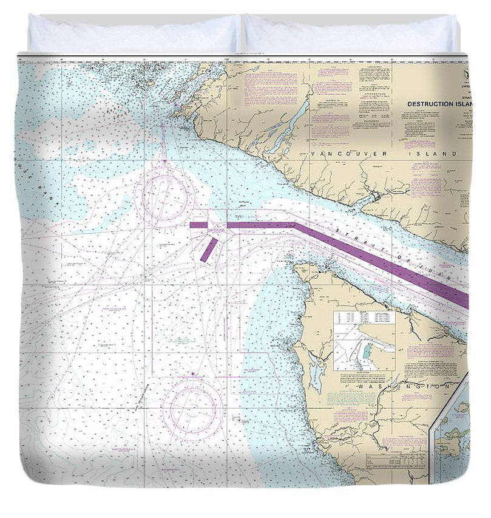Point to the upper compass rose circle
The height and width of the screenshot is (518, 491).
click(164, 194)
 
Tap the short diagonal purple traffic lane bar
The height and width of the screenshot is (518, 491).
click(209, 250)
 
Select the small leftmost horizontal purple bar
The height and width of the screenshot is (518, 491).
click(198, 225)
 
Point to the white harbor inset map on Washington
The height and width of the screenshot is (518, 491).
click(364, 341)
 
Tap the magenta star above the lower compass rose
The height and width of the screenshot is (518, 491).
click(193, 373)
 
